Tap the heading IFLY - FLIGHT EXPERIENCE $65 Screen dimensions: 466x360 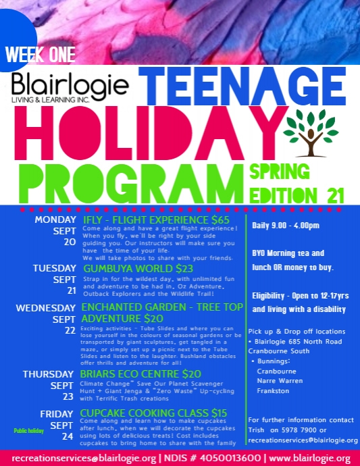[x=157, y=220]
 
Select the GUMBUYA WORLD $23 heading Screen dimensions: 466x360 [x=128, y=268]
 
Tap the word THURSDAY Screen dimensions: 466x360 [x=47, y=373]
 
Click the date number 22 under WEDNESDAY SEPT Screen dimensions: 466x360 [x=70, y=330]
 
